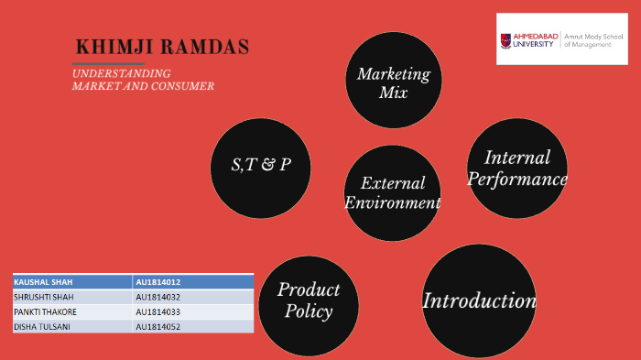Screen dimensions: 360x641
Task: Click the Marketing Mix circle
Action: coord(393,81)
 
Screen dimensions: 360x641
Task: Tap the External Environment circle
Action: coord(393,192)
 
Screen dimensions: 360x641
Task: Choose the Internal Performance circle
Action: coord(516,168)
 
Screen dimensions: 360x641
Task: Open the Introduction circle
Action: coord(478,300)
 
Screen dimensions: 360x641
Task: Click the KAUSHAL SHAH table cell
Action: coord(72,282)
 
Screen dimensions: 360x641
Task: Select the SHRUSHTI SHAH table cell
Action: coord(72,297)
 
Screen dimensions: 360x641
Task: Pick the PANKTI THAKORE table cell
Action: coord(72,311)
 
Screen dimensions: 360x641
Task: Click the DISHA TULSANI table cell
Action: coord(72,326)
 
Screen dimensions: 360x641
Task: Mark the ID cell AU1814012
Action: coord(192,282)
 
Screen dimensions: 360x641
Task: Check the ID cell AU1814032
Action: coord(192,297)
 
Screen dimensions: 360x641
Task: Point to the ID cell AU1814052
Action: coord(192,326)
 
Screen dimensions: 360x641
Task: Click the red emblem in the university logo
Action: coord(506,39)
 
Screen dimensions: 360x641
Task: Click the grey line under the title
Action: coord(108,64)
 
